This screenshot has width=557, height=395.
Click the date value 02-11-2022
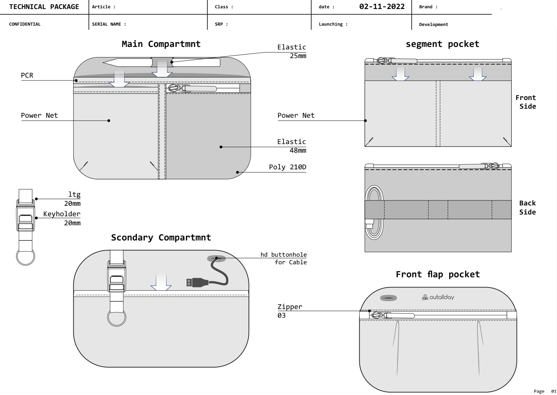point(382,6)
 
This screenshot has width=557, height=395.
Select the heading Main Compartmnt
point(161,44)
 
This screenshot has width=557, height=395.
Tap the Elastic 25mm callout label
point(291,51)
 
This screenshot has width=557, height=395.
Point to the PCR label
point(27,75)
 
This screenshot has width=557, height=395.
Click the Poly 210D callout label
point(288,167)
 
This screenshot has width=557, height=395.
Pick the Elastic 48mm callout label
point(291,146)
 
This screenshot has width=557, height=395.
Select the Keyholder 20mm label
point(62,218)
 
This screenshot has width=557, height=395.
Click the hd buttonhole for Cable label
point(284,259)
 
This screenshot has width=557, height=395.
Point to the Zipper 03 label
point(290,311)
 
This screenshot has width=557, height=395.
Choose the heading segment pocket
point(442,44)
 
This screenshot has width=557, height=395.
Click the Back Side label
point(527,207)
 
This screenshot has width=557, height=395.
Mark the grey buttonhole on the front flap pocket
point(388,298)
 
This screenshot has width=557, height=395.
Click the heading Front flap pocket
point(438,274)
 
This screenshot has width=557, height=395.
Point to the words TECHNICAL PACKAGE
point(44,7)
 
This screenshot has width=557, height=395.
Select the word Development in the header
point(434,25)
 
